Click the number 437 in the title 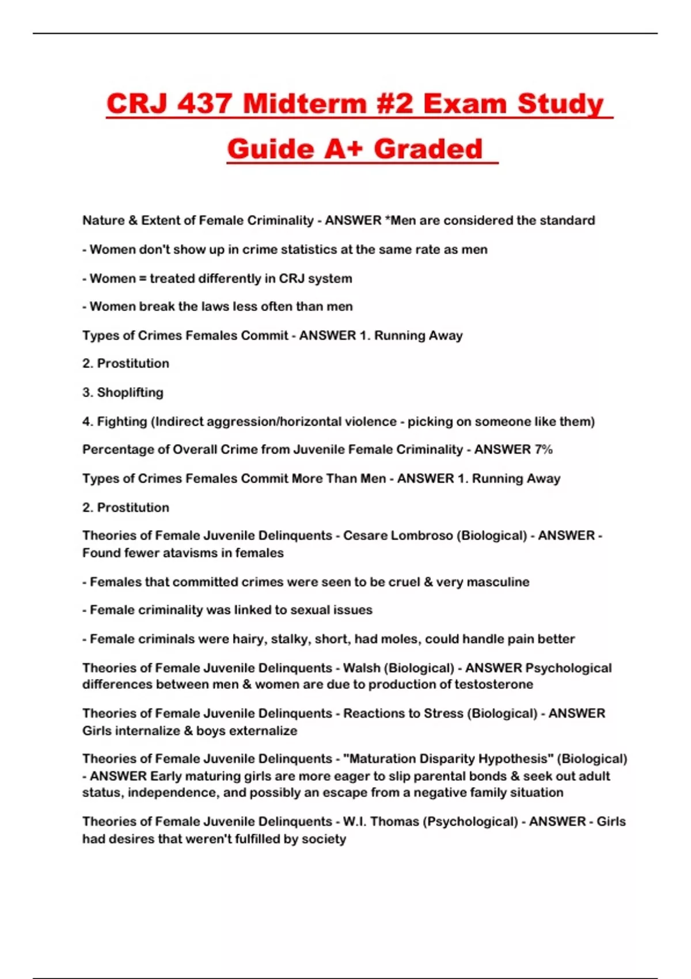[x=204, y=104]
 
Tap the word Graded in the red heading [x=428, y=149]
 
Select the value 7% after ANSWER [x=544, y=450]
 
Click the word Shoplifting [x=130, y=393]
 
